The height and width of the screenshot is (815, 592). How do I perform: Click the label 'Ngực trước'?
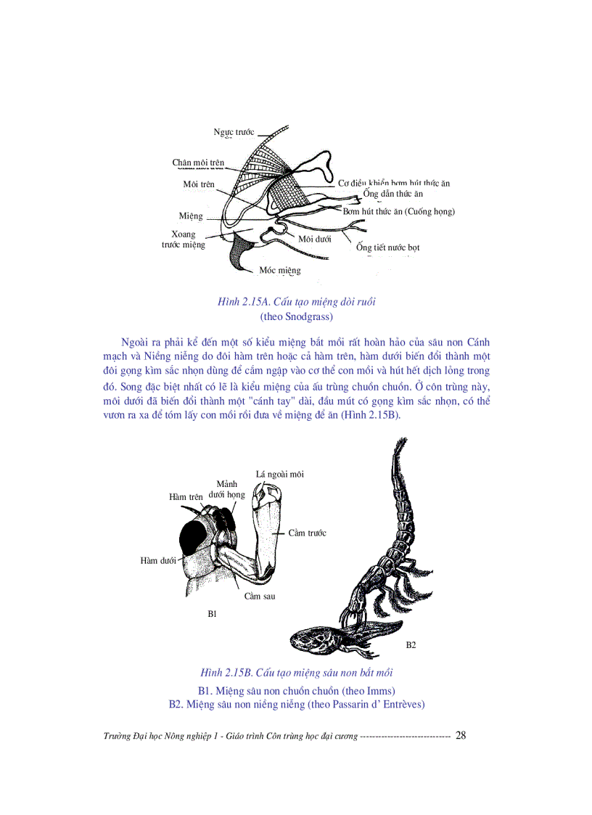(234, 132)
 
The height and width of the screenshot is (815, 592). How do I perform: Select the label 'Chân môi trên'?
(198, 163)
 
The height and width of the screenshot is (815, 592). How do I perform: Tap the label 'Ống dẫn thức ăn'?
(393, 194)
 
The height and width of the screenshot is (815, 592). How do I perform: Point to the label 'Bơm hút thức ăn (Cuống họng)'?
(398, 211)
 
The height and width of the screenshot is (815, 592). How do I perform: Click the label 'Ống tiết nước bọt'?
(388, 247)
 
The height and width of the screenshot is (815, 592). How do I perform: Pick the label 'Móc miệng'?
(280, 271)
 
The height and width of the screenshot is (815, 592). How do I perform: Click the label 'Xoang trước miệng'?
(183, 239)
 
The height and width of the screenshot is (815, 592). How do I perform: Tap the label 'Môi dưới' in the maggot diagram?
(314, 238)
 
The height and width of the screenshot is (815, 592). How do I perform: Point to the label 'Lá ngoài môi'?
(280, 475)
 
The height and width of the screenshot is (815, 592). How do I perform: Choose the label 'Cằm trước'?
(307, 533)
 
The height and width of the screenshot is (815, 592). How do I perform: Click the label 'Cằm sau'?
(259, 597)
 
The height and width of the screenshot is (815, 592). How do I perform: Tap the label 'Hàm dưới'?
(157, 561)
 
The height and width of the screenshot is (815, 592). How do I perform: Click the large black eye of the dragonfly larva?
(194, 538)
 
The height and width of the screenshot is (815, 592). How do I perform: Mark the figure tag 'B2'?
(411, 645)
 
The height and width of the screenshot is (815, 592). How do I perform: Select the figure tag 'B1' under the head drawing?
(212, 614)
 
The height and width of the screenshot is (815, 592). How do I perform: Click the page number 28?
(460, 736)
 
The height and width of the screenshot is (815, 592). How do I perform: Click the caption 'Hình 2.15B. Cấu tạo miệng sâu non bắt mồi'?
(296, 672)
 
